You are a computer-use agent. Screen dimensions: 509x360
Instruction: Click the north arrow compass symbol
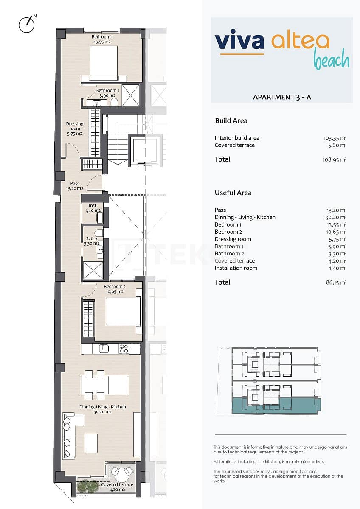[x=27, y=24]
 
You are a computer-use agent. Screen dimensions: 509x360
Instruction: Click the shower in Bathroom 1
[x=130, y=95]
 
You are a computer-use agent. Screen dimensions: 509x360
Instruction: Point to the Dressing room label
[x=74, y=129]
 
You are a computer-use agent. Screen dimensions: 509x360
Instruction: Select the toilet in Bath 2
[x=98, y=233]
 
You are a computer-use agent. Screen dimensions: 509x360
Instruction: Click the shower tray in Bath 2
[x=93, y=270]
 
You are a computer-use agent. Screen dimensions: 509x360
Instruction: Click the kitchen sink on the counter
[x=104, y=349]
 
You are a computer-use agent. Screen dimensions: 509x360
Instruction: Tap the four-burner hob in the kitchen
[x=124, y=349]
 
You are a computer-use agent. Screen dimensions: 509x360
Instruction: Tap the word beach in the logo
[x=332, y=60]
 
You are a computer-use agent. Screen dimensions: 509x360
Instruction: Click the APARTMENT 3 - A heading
[x=282, y=97]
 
